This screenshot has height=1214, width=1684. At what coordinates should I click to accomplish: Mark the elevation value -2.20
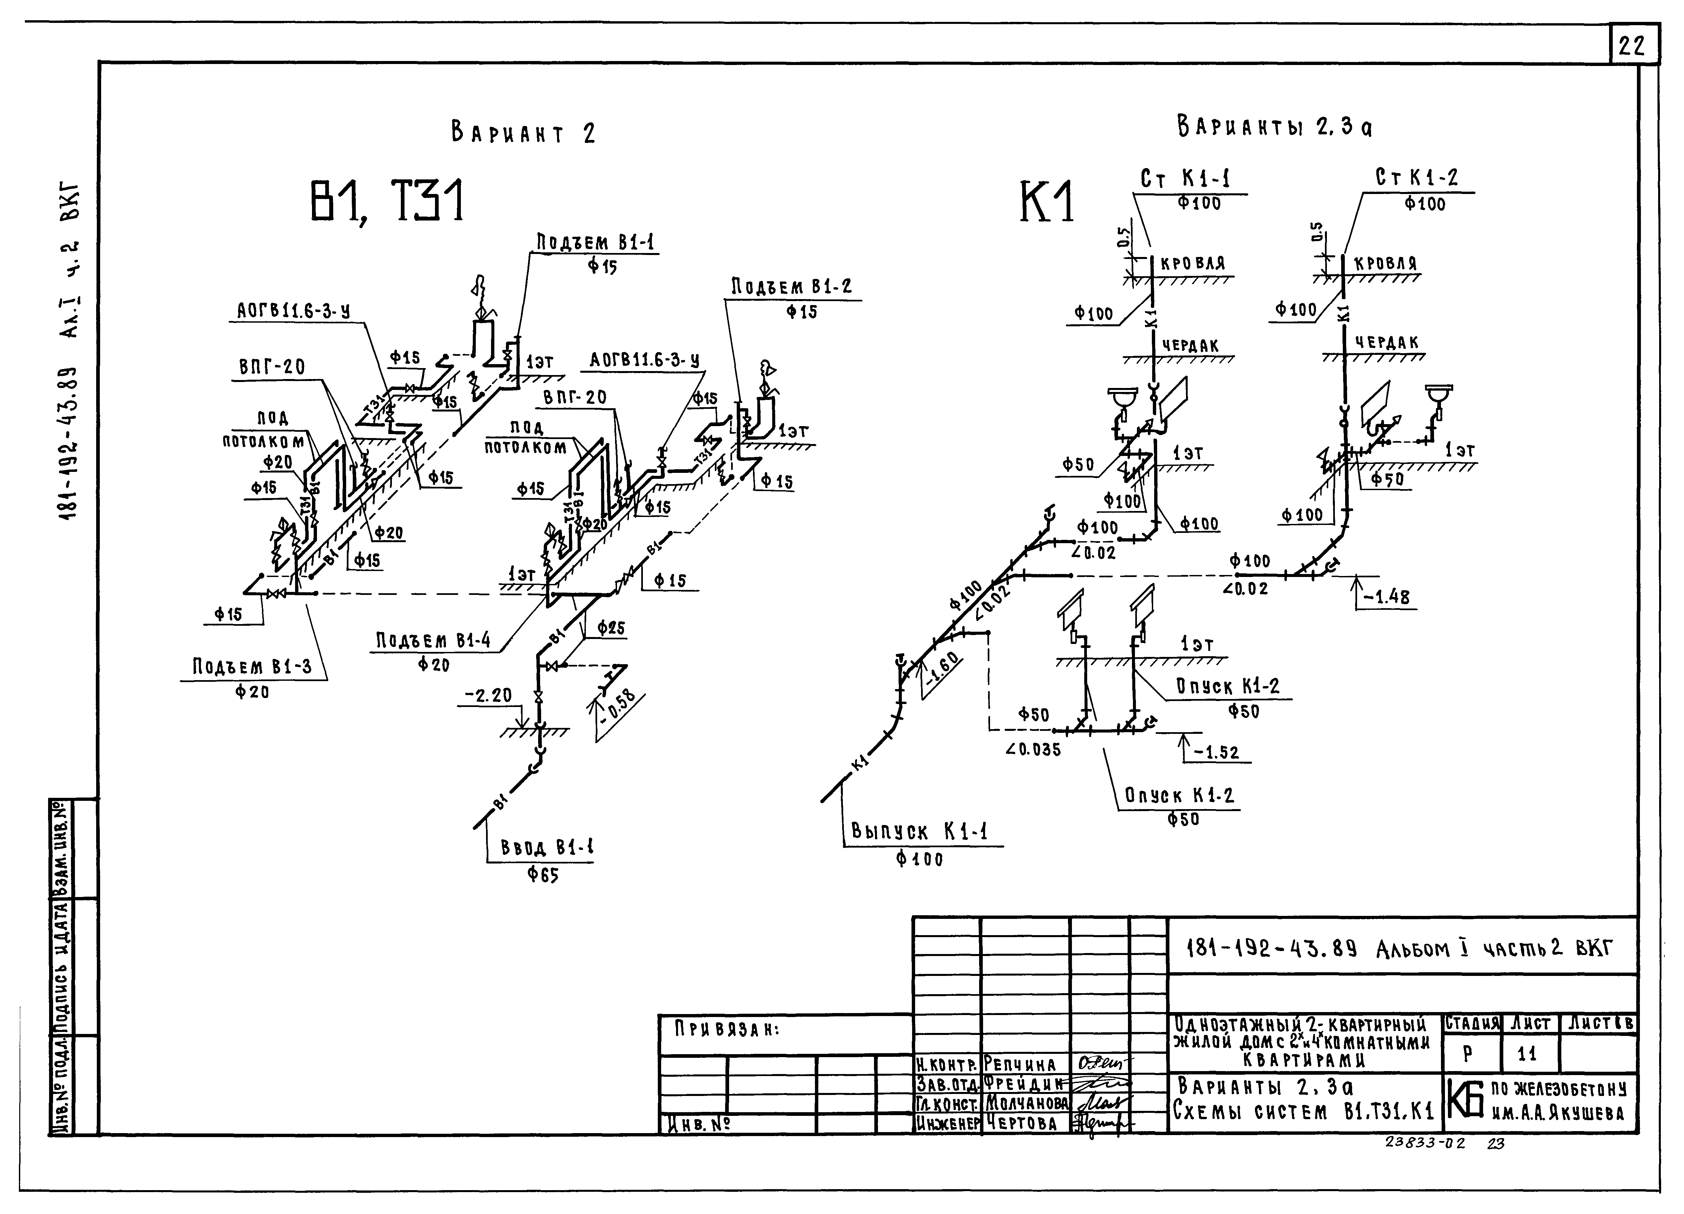[x=489, y=696]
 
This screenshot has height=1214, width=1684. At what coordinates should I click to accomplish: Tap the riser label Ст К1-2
[x=1417, y=178]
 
